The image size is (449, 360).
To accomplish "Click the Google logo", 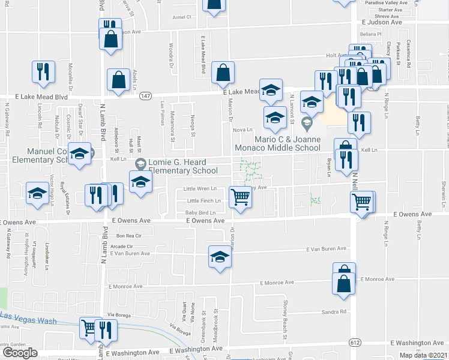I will (x=19, y=353).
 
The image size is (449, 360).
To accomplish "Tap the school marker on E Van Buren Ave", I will (x=220, y=257).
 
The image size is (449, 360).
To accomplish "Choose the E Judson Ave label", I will (x=382, y=22).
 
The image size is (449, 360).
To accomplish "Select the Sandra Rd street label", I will (x=334, y=311).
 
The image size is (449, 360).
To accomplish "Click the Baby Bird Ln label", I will (x=200, y=212).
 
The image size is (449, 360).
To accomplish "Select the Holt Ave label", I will (x=333, y=55).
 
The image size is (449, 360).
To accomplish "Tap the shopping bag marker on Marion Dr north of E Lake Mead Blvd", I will (x=223, y=73).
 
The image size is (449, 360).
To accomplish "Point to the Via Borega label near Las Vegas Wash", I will (x=119, y=314).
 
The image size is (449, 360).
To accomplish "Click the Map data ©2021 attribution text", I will (x=423, y=355).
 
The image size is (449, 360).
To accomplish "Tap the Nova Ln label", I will (x=242, y=130).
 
